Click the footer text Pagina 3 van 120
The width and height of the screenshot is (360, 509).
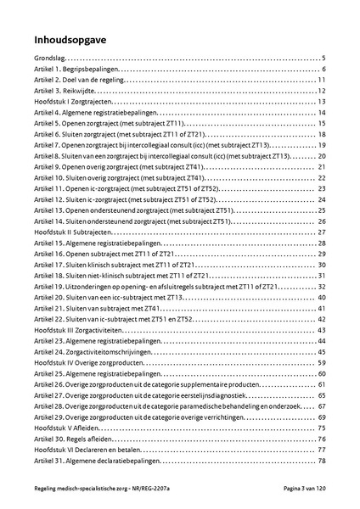302,495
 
